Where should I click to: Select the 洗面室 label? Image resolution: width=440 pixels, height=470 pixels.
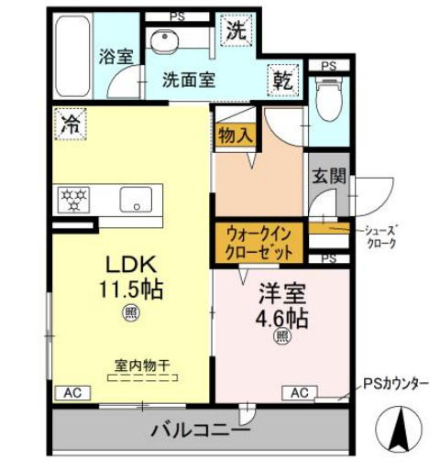click(x=189, y=79)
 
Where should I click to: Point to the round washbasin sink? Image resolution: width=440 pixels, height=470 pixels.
click(x=165, y=40)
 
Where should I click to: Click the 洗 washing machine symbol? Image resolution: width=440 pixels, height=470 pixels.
click(x=236, y=30)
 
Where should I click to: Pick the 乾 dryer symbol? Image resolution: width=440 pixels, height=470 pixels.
click(x=280, y=80)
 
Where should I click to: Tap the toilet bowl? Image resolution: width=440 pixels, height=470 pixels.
click(x=327, y=96)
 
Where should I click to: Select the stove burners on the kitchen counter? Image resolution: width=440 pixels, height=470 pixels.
click(x=73, y=196)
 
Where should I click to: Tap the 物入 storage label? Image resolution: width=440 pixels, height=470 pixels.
click(x=235, y=135)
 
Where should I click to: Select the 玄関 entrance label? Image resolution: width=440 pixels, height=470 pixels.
click(x=325, y=177)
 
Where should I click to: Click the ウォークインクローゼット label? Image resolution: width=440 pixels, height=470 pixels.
click(x=260, y=243)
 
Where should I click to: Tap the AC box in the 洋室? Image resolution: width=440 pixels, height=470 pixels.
click(x=299, y=392)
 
